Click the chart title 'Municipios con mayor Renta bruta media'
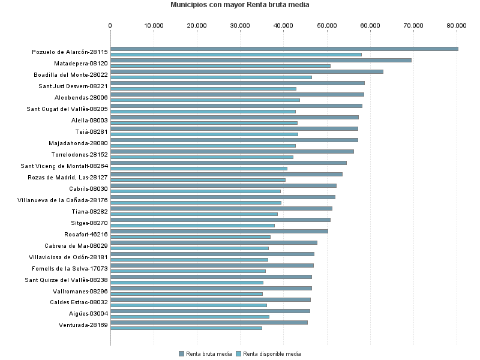[239, 5]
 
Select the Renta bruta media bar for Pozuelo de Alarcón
[284, 49]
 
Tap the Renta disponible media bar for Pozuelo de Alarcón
[236, 55]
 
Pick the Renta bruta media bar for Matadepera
[260, 60]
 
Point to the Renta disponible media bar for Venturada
[186, 328]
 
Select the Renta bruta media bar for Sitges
[220, 220]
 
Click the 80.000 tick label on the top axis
[457, 25]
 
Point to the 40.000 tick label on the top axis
[283, 25]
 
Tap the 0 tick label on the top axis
[110, 25]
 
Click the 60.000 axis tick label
[370, 25]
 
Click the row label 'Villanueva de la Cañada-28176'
[62, 200]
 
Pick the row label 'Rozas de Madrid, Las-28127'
[68, 178]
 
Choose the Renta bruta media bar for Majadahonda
[234, 140]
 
